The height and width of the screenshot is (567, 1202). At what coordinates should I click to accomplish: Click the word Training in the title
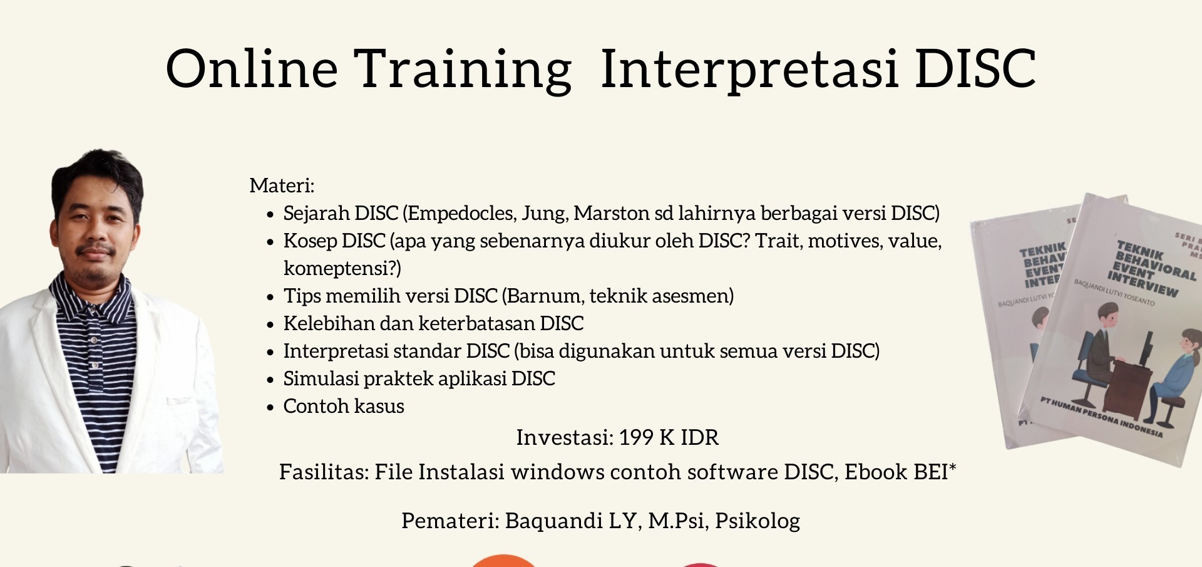[x=462, y=69]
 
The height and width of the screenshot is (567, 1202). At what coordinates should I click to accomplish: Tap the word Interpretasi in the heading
[x=749, y=69]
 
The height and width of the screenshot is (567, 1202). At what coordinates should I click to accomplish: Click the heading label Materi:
[x=282, y=185]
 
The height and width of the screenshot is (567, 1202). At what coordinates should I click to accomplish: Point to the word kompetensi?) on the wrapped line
[x=342, y=268]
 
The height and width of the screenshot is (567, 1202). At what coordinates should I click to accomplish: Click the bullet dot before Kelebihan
[x=270, y=325]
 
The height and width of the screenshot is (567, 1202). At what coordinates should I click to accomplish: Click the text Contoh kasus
[x=343, y=406]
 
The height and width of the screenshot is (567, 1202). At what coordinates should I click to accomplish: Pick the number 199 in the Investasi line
[x=636, y=437]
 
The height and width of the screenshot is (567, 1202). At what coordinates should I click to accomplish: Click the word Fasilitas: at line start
[x=324, y=472]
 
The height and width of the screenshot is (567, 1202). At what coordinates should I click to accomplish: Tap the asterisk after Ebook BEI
[x=953, y=468]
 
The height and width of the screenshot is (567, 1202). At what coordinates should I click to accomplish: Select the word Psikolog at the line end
[x=758, y=521]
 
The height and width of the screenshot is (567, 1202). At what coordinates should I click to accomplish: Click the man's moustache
[x=95, y=249]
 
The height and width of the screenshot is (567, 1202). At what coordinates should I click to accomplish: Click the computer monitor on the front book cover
[x=1146, y=348]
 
